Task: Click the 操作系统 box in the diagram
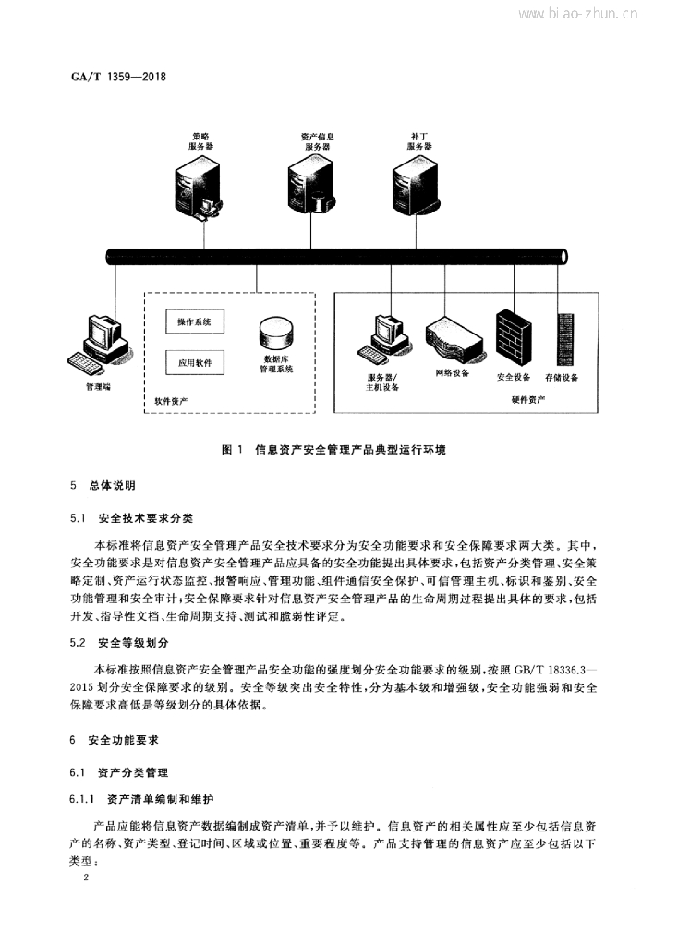195,321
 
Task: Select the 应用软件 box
195,362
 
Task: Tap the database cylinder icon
276,334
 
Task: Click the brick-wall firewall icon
514,338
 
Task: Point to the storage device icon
566,339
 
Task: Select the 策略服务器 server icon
198,187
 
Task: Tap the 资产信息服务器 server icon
310,185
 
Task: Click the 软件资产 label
171,401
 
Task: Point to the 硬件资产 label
528,399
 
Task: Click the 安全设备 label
514,377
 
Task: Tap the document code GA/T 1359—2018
118,77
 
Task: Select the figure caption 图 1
232,450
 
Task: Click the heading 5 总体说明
103,485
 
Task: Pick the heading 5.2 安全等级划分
119,643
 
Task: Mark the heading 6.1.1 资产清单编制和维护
141,799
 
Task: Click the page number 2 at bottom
86,878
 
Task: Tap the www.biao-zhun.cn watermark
578,14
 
